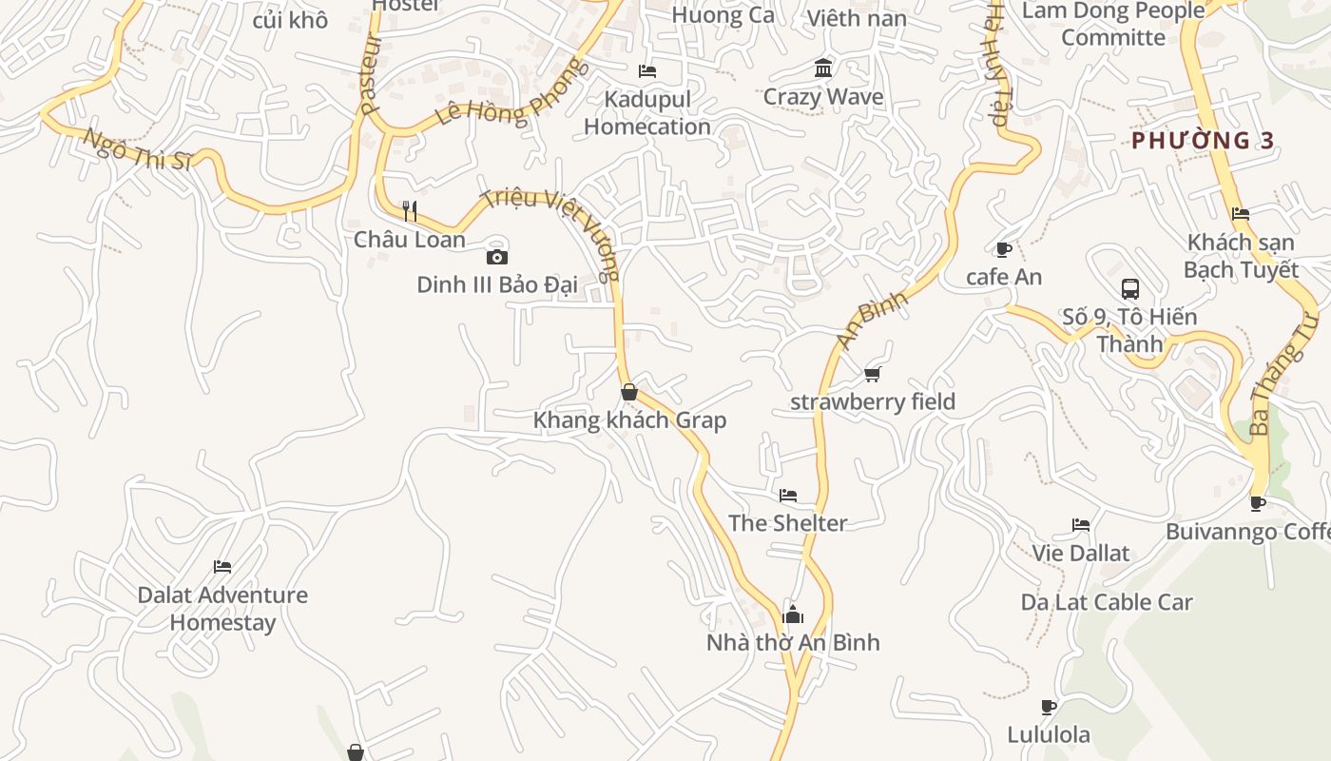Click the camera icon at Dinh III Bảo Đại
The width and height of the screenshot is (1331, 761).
pyautogui.click(x=496, y=257)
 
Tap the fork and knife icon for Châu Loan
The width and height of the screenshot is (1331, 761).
pyautogui.click(x=410, y=210)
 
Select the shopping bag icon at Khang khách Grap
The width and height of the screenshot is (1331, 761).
pyautogui.click(x=628, y=392)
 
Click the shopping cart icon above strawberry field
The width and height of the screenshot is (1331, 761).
pyautogui.click(x=873, y=374)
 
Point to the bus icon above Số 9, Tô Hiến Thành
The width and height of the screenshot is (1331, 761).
pyautogui.click(x=1130, y=289)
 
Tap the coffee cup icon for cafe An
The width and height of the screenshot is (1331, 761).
pyautogui.click(x=1003, y=249)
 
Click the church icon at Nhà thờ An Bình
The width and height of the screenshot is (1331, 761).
pyautogui.click(x=793, y=615)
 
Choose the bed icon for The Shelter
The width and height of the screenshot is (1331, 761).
pyautogui.click(x=788, y=496)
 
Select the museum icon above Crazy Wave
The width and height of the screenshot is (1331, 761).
pyautogui.click(x=823, y=68)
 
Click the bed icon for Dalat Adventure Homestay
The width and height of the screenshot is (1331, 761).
pyautogui.click(x=222, y=567)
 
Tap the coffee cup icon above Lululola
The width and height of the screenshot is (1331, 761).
pyautogui.click(x=1049, y=707)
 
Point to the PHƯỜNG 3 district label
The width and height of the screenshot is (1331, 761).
pyautogui.click(x=1203, y=141)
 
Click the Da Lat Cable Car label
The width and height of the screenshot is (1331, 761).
pyautogui.click(x=1107, y=602)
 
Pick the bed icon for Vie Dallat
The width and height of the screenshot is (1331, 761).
pyautogui.click(x=1081, y=525)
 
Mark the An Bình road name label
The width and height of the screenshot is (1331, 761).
pyautogui.click(x=873, y=320)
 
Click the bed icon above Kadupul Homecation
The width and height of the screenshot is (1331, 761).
pyautogui.click(x=647, y=71)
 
